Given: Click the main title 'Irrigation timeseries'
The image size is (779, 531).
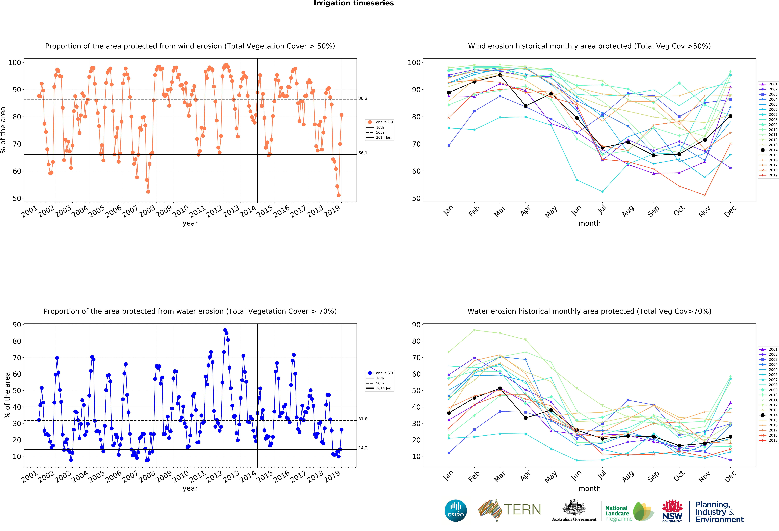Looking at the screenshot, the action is coord(354,3).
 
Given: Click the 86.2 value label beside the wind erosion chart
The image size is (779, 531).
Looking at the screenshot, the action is coord(363,98).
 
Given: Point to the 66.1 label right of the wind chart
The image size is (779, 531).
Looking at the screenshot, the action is coord(363,153).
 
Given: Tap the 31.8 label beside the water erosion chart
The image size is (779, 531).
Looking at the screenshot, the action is coord(363,419).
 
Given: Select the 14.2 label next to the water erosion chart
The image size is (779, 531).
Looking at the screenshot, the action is coord(363,448).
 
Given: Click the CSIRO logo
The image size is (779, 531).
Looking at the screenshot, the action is coord(456,511).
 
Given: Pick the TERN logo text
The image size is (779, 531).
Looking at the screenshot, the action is coord(522,510).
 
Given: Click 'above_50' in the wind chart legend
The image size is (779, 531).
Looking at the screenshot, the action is coord(384,122).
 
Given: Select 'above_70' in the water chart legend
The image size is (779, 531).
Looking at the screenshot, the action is coord(384,373).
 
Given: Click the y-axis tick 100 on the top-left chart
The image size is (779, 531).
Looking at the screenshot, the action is coord(15,63).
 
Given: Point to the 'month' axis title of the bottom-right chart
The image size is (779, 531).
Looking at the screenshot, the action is coord(589,488).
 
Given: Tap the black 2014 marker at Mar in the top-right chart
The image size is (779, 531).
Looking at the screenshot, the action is coord(500,75).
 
